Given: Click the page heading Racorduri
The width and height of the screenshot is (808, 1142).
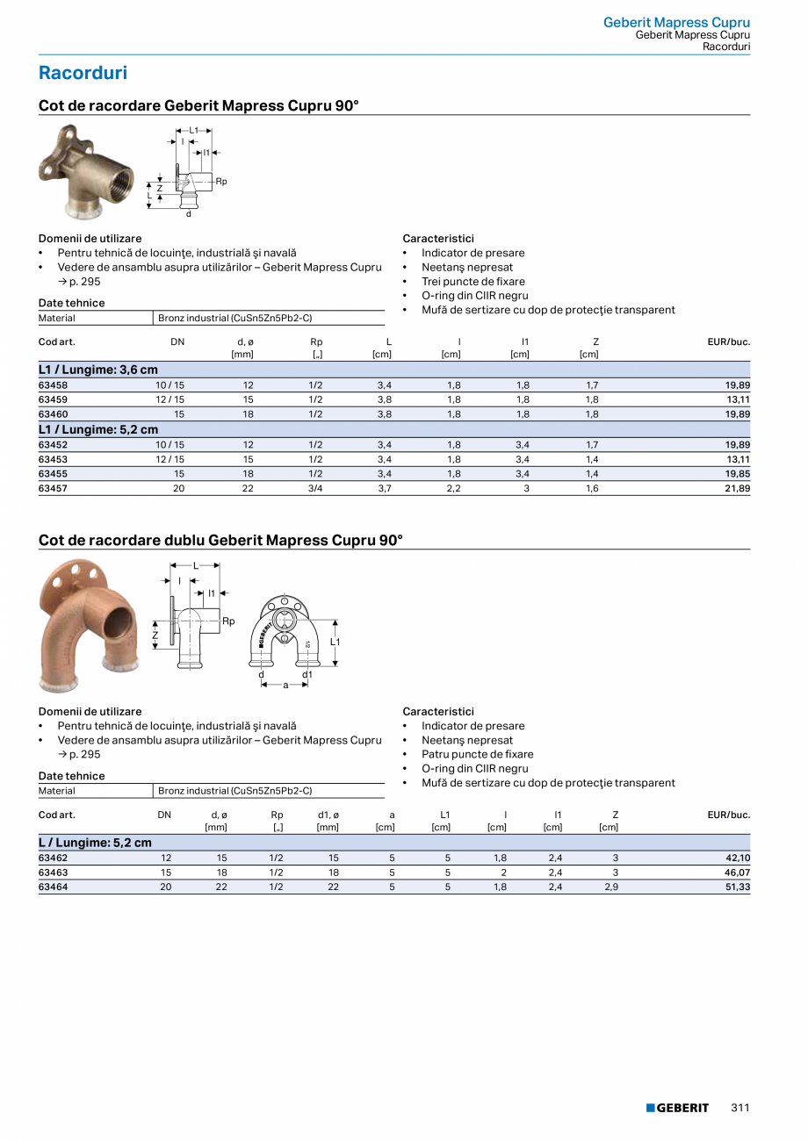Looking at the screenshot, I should [83, 73].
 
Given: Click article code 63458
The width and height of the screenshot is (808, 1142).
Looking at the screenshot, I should [54, 385].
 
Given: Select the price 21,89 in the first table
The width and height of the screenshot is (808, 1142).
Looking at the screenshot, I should [737, 488].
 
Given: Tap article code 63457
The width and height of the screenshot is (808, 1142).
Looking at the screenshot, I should [54, 488].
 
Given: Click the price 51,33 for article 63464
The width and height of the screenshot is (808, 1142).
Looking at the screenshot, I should [737, 887].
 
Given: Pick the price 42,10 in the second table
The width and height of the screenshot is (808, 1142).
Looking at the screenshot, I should [737, 858].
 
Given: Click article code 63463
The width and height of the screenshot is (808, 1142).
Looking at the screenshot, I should [54, 873].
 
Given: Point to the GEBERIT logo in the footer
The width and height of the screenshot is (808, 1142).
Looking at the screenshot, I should [677, 1108].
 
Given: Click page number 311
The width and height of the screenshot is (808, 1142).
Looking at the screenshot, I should [739, 1108].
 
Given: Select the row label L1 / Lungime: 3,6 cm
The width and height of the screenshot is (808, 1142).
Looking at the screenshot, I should [98, 370].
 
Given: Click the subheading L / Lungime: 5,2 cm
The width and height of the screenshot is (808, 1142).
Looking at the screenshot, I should [95, 843].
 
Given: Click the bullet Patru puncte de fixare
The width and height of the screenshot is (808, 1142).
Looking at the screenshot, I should [477, 754].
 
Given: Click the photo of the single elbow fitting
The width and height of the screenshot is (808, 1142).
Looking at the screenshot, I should [86, 171].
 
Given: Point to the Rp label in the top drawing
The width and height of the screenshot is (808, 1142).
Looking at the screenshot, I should [221, 182].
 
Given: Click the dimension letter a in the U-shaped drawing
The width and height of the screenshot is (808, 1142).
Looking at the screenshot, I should [285, 685].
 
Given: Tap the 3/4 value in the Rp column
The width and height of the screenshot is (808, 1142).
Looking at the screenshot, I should [316, 488].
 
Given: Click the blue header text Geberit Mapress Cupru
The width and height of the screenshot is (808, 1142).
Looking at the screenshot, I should [676, 23].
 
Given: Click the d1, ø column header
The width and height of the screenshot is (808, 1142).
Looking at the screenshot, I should [328, 815].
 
